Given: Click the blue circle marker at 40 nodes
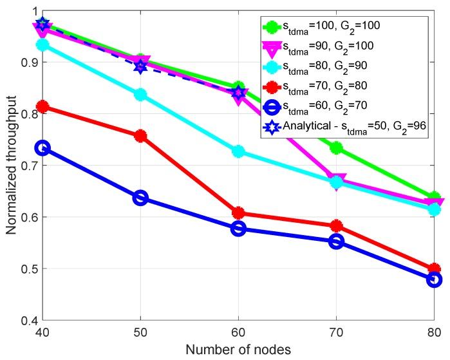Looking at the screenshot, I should tap(42, 148).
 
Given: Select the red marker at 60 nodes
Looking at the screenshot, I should tap(238, 213).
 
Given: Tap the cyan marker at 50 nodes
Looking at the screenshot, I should tap(140, 95).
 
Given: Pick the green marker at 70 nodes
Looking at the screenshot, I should tap(336, 148).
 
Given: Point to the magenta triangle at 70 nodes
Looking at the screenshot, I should tap(336, 180).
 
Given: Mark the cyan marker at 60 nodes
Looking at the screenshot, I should tap(238, 151).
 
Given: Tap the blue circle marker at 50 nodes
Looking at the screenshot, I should tap(140, 198).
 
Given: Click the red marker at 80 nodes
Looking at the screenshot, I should tap(434, 269).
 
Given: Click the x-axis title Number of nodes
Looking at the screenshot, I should tap(238, 350).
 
